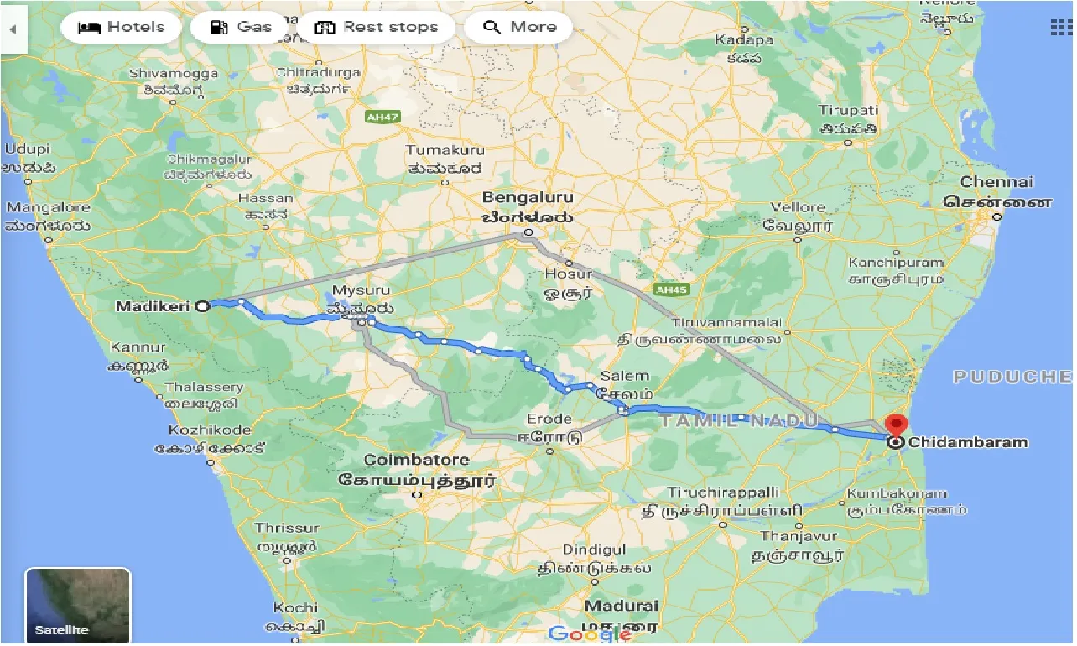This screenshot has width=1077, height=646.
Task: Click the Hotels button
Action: click(x=122, y=27)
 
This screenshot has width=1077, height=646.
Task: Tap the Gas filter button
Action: click(x=241, y=27)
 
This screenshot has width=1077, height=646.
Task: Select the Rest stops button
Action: click(x=376, y=27)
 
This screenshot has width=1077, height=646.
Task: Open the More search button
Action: click(x=518, y=27)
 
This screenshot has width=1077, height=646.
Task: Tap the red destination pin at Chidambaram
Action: click(x=897, y=425)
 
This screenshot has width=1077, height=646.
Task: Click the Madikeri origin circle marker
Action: click(x=202, y=306)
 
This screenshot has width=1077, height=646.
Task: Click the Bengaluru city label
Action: click(x=527, y=198)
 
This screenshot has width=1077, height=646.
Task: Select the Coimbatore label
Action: click(x=416, y=461)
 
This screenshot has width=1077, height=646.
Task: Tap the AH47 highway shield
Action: click(x=382, y=117)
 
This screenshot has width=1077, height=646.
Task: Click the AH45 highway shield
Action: click(x=671, y=289)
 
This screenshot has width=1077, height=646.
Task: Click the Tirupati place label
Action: click(x=849, y=111)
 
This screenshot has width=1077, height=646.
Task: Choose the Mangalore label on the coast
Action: click(x=48, y=207)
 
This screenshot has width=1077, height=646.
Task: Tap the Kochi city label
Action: click(x=295, y=607)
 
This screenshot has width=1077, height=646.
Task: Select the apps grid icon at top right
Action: click(x=1061, y=27)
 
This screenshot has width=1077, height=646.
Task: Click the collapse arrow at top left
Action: click(x=13, y=28)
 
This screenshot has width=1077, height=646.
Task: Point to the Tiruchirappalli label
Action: click(x=723, y=492)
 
